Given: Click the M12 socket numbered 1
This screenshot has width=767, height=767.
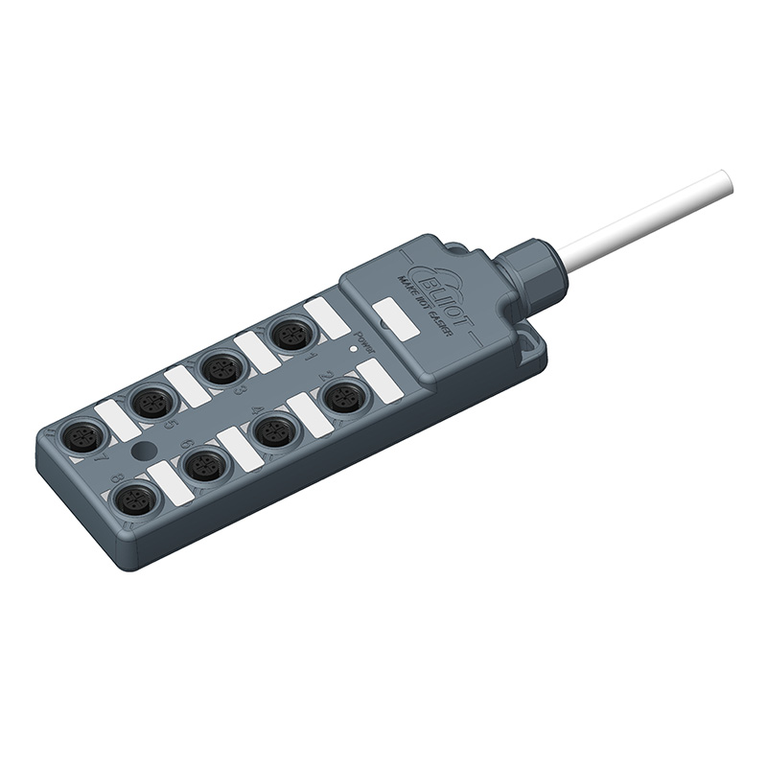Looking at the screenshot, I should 289,335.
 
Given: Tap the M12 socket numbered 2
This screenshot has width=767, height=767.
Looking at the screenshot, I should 343,396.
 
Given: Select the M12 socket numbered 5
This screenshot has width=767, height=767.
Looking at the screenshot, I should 151,402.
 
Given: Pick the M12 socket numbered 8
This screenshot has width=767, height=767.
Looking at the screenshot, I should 135,499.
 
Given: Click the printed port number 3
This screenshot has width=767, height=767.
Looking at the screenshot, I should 241,389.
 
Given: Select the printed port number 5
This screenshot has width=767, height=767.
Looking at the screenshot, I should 172,422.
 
